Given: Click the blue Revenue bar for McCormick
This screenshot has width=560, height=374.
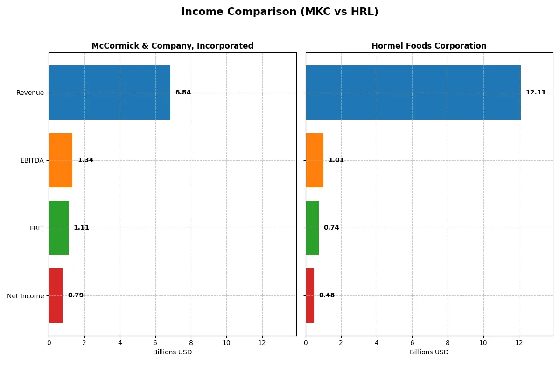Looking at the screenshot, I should [109, 93].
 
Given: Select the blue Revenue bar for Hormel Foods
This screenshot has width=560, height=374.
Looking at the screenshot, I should [413, 93].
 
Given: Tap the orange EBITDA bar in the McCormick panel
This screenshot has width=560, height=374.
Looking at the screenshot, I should [61, 160].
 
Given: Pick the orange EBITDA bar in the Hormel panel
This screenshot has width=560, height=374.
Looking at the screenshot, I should [315, 160].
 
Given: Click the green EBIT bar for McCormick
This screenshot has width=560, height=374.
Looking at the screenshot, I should [59, 228].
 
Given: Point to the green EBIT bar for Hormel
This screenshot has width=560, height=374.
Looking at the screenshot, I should [312, 228].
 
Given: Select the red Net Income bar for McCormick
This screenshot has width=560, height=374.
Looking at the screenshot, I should [56, 295].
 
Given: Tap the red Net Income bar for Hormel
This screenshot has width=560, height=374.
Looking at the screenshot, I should [310, 295].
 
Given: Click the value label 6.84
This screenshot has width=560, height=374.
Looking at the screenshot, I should [183, 93].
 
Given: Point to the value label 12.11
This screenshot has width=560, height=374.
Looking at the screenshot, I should [536, 93].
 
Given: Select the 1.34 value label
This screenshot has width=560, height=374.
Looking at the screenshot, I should [85, 160].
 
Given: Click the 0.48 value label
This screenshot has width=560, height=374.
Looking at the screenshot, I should [327, 295].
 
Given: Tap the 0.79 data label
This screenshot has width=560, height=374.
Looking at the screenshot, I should [76, 295].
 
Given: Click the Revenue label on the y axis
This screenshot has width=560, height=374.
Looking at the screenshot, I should [30, 93].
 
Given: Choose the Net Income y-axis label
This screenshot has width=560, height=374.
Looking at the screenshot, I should [26, 296].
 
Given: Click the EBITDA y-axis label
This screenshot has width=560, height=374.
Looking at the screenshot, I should [32, 160].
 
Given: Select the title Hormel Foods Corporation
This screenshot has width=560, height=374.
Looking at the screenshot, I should [429, 46].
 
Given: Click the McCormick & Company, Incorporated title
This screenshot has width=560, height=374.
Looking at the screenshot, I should [172, 46].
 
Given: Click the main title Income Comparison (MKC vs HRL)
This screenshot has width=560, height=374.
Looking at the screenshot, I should [280, 12].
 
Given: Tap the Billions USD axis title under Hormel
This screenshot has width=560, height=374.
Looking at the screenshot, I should [429, 352].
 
